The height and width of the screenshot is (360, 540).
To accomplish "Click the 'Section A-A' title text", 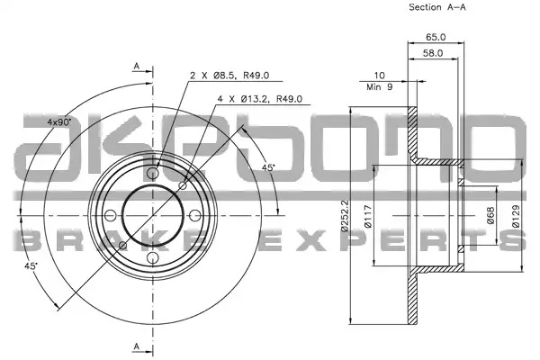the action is (x=437, y=7).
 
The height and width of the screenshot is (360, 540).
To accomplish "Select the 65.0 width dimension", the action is (x=436, y=37).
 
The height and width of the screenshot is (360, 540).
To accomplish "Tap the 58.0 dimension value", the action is (x=433, y=53).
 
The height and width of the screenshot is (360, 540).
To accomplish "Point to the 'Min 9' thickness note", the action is (x=379, y=87).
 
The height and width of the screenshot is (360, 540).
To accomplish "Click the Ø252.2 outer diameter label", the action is (x=344, y=216).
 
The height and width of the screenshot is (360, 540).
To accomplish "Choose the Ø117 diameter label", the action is (x=368, y=216).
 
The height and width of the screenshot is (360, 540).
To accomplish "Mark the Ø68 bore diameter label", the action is (x=490, y=215).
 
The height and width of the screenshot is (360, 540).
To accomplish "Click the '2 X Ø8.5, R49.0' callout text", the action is (x=229, y=76).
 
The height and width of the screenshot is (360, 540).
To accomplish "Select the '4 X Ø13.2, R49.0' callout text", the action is (x=260, y=99).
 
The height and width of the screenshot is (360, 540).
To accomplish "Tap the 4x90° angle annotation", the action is (x=58, y=121).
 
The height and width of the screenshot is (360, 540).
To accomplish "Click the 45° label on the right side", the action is (x=268, y=167).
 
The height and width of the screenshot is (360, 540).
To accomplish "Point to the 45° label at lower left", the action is (x=31, y=265).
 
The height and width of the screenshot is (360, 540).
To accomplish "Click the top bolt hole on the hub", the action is (x=153, y=173).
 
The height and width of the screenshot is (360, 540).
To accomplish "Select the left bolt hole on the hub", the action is (x=110, y=216).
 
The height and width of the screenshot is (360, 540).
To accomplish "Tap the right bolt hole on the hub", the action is (x=195, y=216).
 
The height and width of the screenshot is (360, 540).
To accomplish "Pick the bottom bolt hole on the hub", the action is (x=153, y=258).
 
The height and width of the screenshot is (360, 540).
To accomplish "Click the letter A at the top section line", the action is (x=137, y=66).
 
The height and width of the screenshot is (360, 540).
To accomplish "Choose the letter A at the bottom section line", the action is (x=137, y=346).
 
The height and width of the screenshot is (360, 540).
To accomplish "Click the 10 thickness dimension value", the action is (x=379, y=75).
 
